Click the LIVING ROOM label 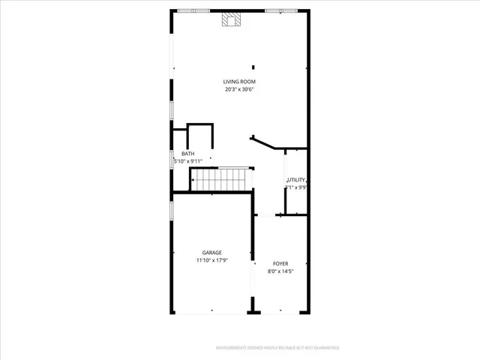239,82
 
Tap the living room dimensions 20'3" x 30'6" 239,90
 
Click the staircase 220,179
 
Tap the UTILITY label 297,180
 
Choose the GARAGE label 211,253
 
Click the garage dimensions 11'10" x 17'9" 211,260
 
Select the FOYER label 280,264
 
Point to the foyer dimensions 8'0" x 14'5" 280,271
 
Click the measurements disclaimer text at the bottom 277,348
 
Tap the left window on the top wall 193,10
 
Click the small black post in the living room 253,67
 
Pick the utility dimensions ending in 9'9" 297,187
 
